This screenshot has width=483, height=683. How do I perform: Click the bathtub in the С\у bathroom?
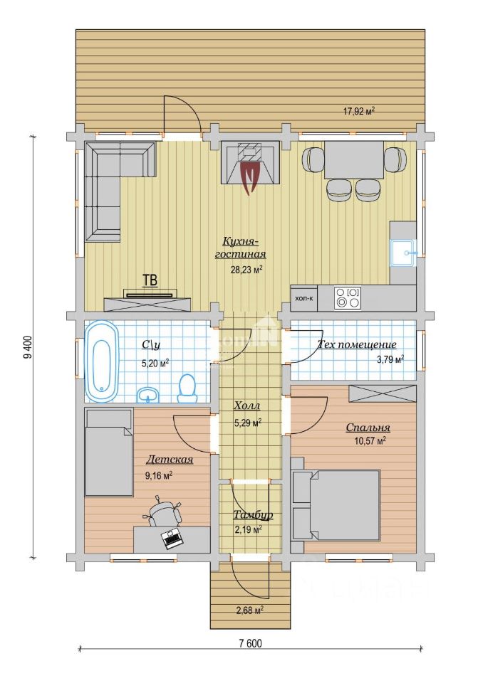coord(102,361)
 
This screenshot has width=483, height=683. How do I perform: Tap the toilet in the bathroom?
coord(187,387)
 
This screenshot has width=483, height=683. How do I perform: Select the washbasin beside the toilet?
coord(148,395)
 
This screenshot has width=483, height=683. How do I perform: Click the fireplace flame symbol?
coord(250,177)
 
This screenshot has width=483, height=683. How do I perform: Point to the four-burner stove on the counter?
coord(348,297)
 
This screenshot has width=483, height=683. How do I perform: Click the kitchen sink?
coord(404,253)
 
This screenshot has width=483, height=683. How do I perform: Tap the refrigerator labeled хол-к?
coord(303,298)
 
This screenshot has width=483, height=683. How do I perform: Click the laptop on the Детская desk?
coord(172,539)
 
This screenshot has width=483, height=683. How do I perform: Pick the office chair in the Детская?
coord(164,512)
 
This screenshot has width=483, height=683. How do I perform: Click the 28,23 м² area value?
coord(246,270)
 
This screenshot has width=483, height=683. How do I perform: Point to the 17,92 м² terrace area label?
coord(359,111)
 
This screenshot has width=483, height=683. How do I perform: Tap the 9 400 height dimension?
coord(28,347)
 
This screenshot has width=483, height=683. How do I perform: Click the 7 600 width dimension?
coord(251,643)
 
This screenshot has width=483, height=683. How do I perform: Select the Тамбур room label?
coord(253,515)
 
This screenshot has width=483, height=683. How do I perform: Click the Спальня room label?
coord(368,428)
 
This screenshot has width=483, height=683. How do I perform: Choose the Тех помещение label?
coord(357,344)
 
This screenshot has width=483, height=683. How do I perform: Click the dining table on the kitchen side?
coord(354,160)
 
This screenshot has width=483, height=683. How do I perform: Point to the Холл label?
coord(247,406)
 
